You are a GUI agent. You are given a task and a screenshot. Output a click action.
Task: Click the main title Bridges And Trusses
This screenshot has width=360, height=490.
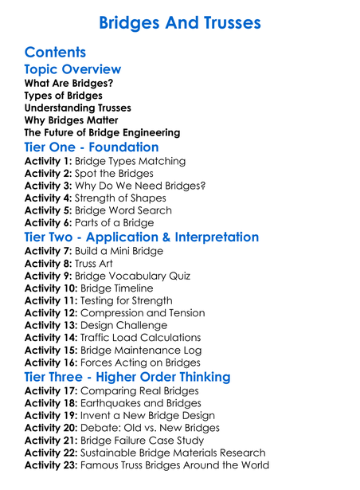coord(180,22)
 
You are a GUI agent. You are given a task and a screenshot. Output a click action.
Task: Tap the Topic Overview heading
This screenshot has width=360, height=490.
coord(72,70)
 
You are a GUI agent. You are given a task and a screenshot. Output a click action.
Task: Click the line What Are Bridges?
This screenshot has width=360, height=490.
coord(68,84)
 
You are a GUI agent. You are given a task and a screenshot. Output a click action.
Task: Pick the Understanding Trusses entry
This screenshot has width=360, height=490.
coord(78,108)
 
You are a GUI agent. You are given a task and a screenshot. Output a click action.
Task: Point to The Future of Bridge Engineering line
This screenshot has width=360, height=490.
coord(103,133)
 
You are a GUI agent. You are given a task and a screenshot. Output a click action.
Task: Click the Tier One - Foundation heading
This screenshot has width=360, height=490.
coord(92,147)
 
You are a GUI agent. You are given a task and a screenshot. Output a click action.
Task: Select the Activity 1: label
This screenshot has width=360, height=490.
coord(48,162)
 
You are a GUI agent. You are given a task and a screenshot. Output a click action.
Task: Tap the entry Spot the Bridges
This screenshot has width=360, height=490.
coord(113,174)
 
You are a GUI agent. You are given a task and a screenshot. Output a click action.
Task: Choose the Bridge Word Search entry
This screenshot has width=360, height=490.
coord(123,210)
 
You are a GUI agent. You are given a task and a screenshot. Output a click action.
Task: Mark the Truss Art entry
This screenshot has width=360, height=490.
coord(102,264)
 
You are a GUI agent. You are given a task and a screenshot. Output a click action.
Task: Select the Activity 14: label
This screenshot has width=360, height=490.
coord(51,338)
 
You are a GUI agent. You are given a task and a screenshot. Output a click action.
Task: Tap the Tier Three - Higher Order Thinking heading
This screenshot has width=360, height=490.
coord(127,377)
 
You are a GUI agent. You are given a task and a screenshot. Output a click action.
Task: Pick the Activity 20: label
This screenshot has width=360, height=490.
coord(52,428)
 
